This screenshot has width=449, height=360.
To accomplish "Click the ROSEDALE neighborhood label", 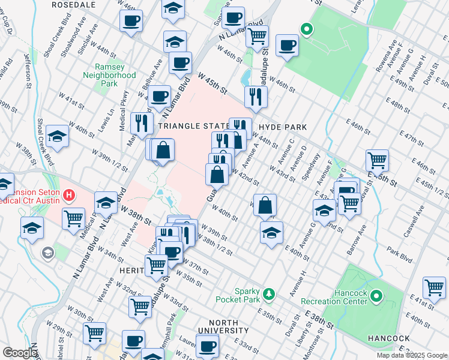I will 74,4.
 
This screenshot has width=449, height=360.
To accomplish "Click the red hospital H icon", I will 70,195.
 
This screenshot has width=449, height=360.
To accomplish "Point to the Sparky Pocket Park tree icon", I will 270,293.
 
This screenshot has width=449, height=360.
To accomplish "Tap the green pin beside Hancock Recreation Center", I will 376,296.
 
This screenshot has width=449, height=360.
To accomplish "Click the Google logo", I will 20,353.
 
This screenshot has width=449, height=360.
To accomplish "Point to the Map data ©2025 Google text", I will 411,355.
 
